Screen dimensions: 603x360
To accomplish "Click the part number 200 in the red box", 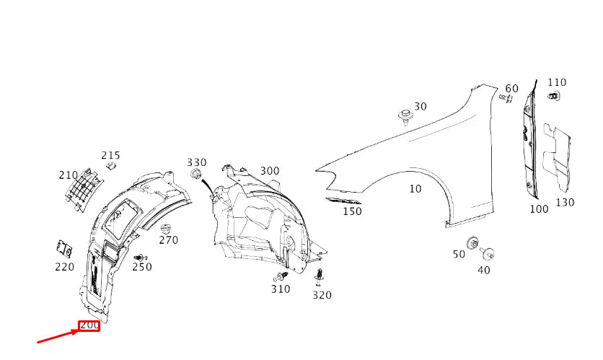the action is point(89,325).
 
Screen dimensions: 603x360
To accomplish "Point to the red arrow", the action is point(58,335).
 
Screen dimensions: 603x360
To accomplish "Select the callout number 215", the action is point(111,155).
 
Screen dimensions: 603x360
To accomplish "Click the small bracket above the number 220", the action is point(65,249).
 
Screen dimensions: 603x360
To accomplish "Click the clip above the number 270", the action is point(165,229).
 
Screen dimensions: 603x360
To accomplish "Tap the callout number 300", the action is point(270,171).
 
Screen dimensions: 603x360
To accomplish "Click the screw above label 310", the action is point(281,276).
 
